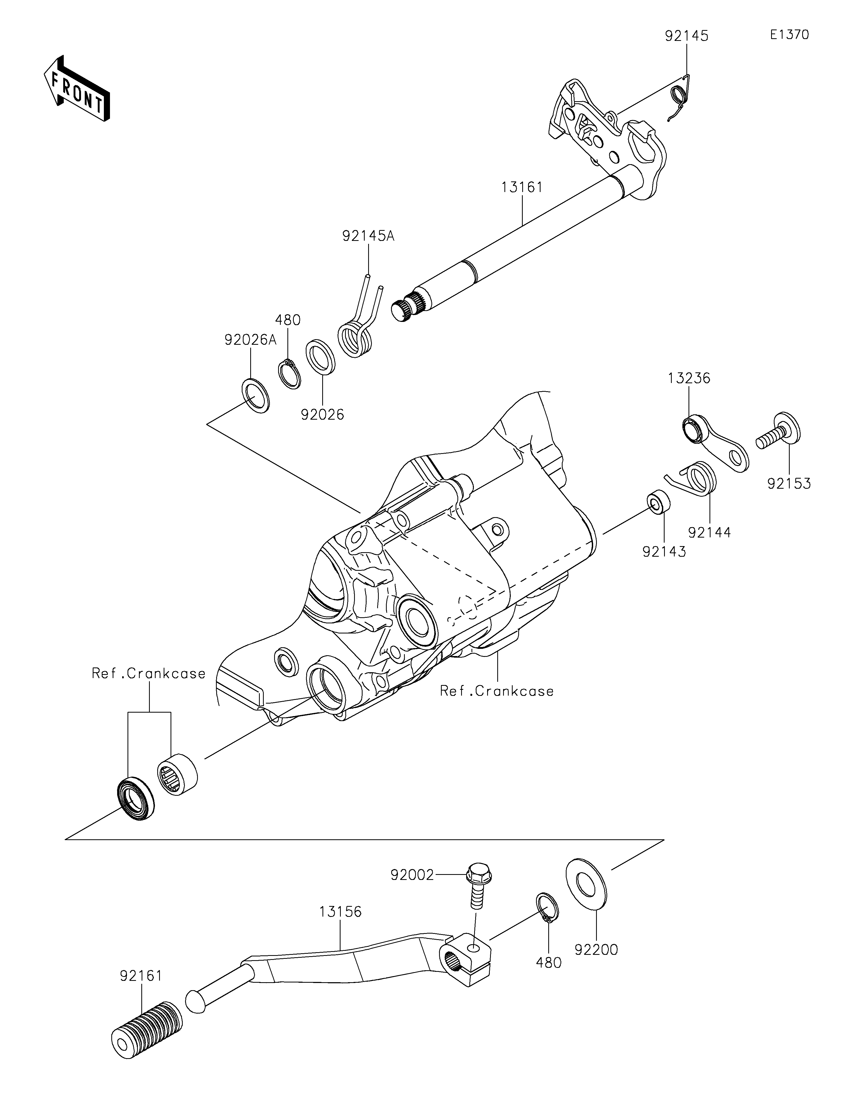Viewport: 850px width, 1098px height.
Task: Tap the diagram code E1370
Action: point(789,35)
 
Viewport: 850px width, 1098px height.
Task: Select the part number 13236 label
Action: point(689,378)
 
